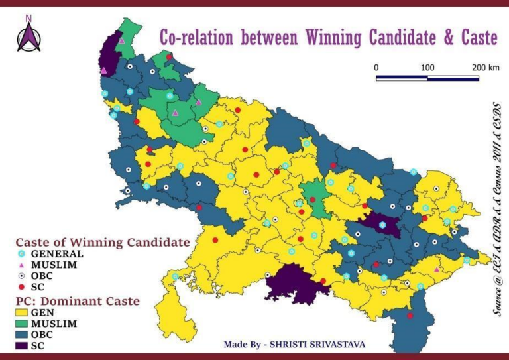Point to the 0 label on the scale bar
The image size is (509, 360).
[x=376, y=68]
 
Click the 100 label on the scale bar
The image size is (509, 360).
[x=427, y=68]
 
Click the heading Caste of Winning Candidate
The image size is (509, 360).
[x=103, y=241]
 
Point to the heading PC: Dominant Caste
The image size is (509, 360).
[x=78, y=300]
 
